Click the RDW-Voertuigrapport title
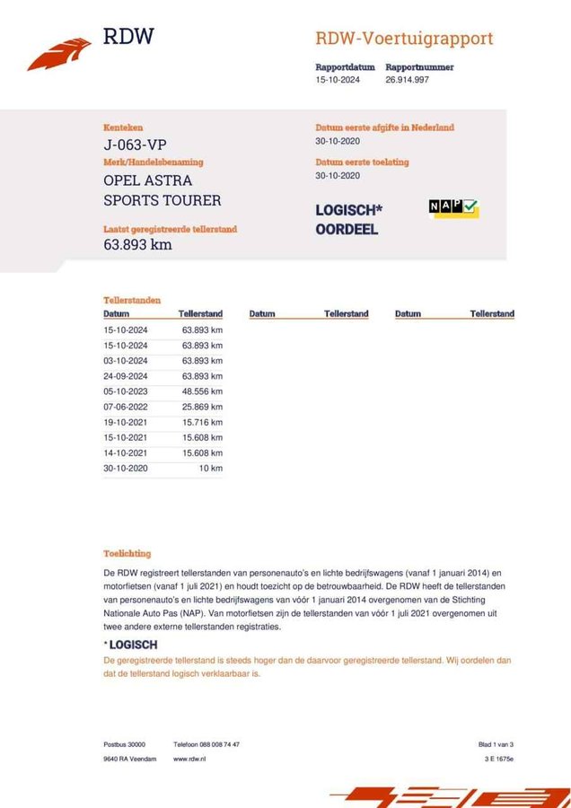point(404,39)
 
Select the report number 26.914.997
point(407,80)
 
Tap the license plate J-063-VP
point(135,145)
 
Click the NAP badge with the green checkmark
point(453,208)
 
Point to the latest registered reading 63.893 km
point(137,244)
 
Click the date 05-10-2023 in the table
point(126,391)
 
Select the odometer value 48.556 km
point(202,391)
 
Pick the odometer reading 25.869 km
point(202,407)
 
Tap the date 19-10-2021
point(126,422)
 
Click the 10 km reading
point(211,468)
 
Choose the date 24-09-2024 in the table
point(126,376)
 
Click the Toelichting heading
point(127,554)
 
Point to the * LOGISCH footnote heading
point(131,645)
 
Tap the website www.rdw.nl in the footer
point(190,759)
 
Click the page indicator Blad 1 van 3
point(496,744)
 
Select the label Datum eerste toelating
point(362,162)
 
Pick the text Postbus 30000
point(124,744)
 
